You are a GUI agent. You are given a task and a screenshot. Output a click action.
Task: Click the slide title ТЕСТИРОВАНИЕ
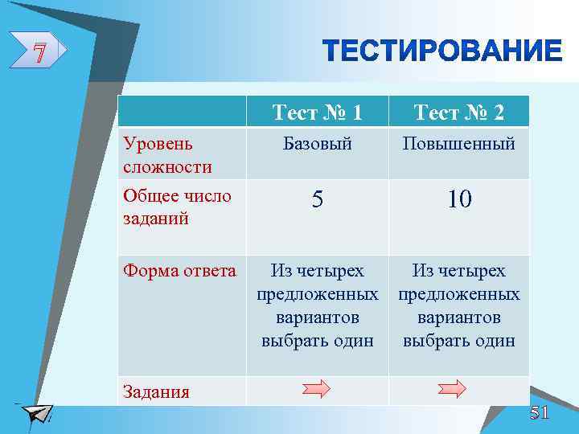(x=443, y=51)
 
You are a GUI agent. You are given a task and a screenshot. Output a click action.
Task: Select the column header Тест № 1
(x=317, y=113)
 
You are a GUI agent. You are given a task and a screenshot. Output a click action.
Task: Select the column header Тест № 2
(x=459, y=113)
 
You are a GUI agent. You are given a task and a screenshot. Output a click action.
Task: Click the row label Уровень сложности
(x=168, y=155)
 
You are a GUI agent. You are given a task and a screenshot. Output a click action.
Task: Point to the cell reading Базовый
(x=318, y=145)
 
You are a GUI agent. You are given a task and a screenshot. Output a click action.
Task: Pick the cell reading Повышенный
(x=459, y=145)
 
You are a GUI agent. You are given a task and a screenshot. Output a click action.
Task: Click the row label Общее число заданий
(x=177, y=207)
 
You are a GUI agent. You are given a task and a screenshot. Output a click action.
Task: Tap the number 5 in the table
(x=318, y=201)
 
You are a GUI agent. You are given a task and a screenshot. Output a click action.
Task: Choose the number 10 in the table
(x=459, y=201)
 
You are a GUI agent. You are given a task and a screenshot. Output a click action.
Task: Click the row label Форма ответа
(x=179, y=271)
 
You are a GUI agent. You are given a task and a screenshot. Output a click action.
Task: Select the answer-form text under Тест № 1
(x=318, y=305)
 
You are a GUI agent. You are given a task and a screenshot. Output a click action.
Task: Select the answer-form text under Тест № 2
(x=459, y=305)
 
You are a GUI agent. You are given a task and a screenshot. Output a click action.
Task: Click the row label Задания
(x=156, y=392)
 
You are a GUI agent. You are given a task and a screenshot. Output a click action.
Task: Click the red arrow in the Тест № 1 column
(x=316, y=390)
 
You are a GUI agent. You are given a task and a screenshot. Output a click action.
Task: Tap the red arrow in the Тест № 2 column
(x=452, y=390)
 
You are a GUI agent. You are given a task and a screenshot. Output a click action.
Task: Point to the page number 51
(x=539, y=413)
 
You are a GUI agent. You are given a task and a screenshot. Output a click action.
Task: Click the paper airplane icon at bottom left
(x=36, y=413)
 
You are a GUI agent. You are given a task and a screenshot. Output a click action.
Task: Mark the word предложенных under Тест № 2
(x=459, y=294)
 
